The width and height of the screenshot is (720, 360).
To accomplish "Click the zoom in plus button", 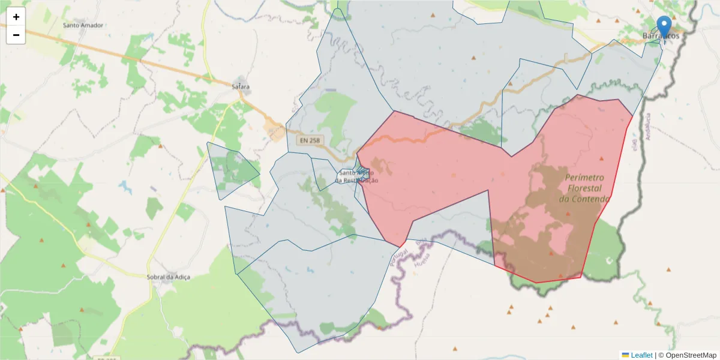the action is pyautogui.click(x=16, y=17).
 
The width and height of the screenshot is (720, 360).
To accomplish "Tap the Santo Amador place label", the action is pyautogui.click(x=83, y=26).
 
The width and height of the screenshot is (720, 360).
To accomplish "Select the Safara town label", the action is pyautogui.click(x=240, y=87).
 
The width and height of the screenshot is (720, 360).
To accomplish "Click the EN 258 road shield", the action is pyautogui.click(x=310, y=140).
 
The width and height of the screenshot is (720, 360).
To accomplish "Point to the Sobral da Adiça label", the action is pyautogui.click(x=169, y=277).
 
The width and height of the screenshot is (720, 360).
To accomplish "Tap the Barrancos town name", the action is pyautogui.click(x=661, y=37).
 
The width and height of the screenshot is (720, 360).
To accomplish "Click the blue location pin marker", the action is pyautogui.click(x=664, y=27).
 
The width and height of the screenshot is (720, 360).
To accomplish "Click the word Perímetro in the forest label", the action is pyautogui.click(x=584, y=178).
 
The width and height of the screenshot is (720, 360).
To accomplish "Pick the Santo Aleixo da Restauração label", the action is pyautogui.click(x=357, y=176).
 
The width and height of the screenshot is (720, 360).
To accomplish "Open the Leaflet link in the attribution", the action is pyautogui.click(x=641, y=355).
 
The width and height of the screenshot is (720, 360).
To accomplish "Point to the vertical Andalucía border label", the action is pyautogui.click(x=649, y=126).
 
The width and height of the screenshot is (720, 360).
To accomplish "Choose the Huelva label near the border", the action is pyautogui.click(x=420, y=247).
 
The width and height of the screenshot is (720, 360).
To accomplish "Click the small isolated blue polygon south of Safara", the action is pyautogui.click(x=230, y=170).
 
